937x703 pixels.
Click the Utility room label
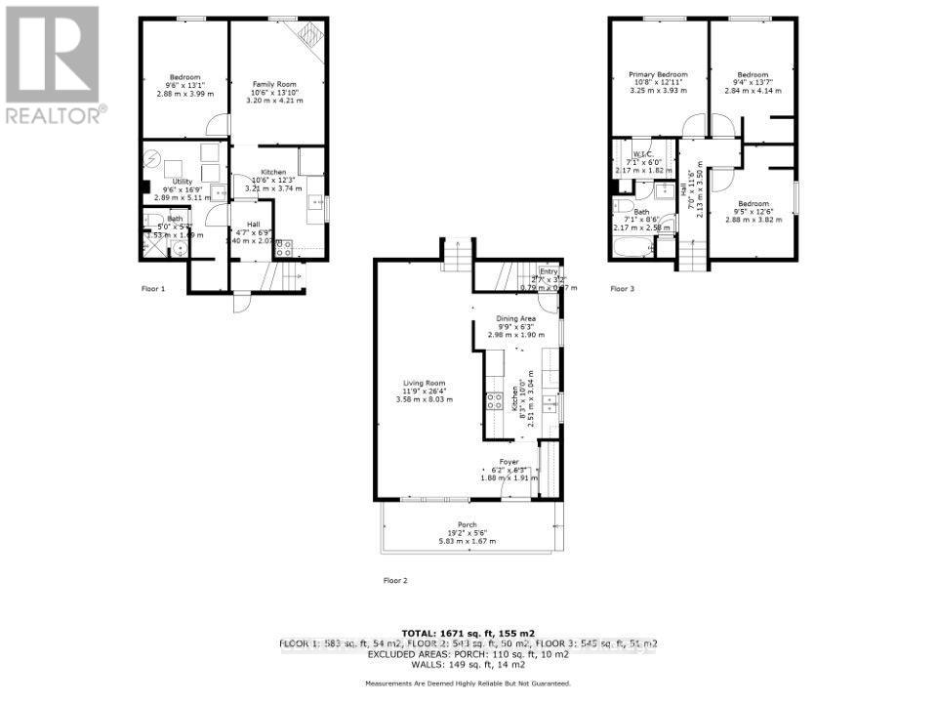182,182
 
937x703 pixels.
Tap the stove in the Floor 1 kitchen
284,247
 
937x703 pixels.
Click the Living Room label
425,391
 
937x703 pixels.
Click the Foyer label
509,462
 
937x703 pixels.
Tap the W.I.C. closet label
641,154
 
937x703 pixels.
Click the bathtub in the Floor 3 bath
634,251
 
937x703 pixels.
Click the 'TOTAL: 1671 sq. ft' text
468,632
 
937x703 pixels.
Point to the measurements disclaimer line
468,682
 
